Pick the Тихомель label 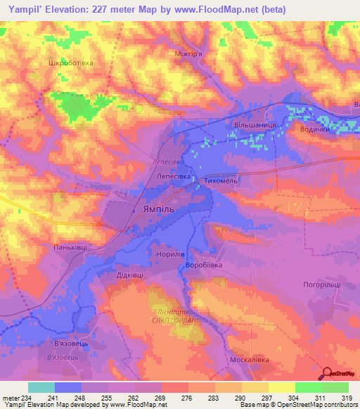tap(222, 180)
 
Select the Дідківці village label tap(130, 275)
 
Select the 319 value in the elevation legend tap(346, 398)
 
